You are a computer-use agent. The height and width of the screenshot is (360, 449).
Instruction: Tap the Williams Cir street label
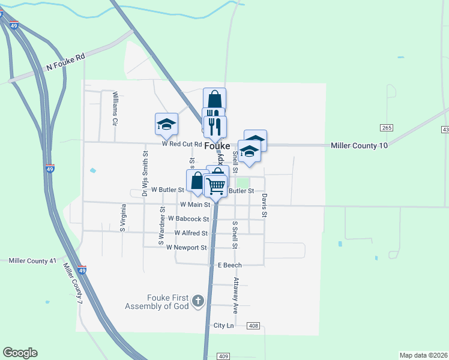coord(115,109)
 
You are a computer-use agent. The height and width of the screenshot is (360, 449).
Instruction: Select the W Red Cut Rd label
coord(181,144)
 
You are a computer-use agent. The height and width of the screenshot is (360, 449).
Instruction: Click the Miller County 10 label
coord(360,146)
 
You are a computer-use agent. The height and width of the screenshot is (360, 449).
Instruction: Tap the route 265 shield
coord(386,128)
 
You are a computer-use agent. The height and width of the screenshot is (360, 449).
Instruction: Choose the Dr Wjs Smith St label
coord(145,174)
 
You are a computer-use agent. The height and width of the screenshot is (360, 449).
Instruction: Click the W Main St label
coord(195,205)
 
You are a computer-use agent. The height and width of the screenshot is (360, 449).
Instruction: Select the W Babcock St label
coord(188,219)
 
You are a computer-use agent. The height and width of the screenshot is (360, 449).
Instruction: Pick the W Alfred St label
coord(191,233)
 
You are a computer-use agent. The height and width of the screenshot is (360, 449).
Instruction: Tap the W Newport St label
coord(186,247)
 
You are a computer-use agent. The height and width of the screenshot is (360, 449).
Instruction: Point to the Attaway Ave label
coord(236,295)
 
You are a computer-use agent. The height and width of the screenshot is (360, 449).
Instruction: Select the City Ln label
coord(223,325)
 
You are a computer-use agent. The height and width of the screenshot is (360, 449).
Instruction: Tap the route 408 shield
coord(253,326)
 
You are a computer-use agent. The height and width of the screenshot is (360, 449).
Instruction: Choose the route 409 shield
coord(223,356)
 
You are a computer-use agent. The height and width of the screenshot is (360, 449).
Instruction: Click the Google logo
coord(20,353)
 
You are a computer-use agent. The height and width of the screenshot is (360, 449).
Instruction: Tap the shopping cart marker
coord(216,187)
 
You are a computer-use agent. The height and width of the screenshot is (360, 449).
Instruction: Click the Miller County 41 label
coord(32,261)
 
